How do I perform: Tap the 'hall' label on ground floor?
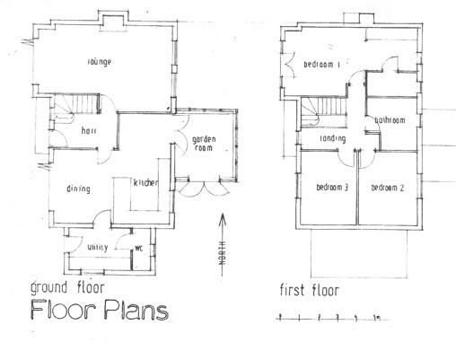(89, 131)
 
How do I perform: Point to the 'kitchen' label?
(145, 182)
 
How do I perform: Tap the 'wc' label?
(139, 248)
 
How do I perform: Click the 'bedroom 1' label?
(321, 65)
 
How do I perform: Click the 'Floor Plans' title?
(99, 312)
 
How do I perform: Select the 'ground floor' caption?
(67, 288)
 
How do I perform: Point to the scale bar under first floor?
(329, 317)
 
